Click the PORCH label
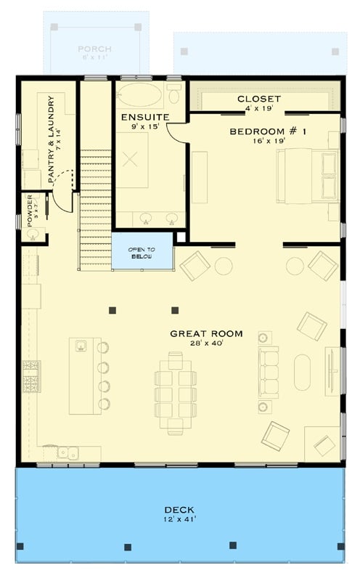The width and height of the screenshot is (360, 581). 95,49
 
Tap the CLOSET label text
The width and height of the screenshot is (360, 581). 259,99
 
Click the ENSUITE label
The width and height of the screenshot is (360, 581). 145,117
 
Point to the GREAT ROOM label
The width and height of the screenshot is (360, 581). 206,334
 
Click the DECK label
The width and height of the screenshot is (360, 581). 179,510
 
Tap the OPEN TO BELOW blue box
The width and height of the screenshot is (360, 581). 142,252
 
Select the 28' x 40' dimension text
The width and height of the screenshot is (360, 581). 206,345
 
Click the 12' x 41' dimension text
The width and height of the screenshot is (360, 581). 179,519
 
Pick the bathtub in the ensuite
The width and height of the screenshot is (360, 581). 140,95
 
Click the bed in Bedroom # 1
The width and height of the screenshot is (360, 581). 306,175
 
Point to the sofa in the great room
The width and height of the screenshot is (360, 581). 269,373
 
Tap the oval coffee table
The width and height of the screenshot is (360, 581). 303,372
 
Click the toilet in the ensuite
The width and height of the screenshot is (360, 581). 174,94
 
